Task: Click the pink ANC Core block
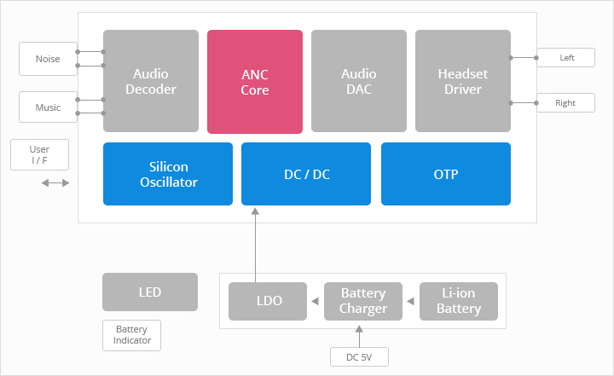pos(255,82)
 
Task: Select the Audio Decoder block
pos(151,81)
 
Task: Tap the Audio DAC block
pos(359,81)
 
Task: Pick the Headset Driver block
pos(463,81)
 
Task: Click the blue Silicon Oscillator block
pos(168,174)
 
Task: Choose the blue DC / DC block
pos(306,174)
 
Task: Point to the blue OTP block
pos(446,174)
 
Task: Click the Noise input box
pos(48,59)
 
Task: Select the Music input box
pos(48,107)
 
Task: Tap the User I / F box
pos(39,154)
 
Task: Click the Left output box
pos(566,58)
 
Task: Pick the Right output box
pos(566,102)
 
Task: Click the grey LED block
pos(150,292)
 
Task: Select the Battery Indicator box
pos(131,335)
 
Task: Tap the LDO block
pos(268,301)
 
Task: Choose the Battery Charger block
pos(363,301)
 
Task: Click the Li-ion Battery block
pos(459,301)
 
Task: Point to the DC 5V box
pos(360,356)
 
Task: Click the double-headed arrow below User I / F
pos(55,183)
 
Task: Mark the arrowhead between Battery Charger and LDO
pos(316,301)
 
